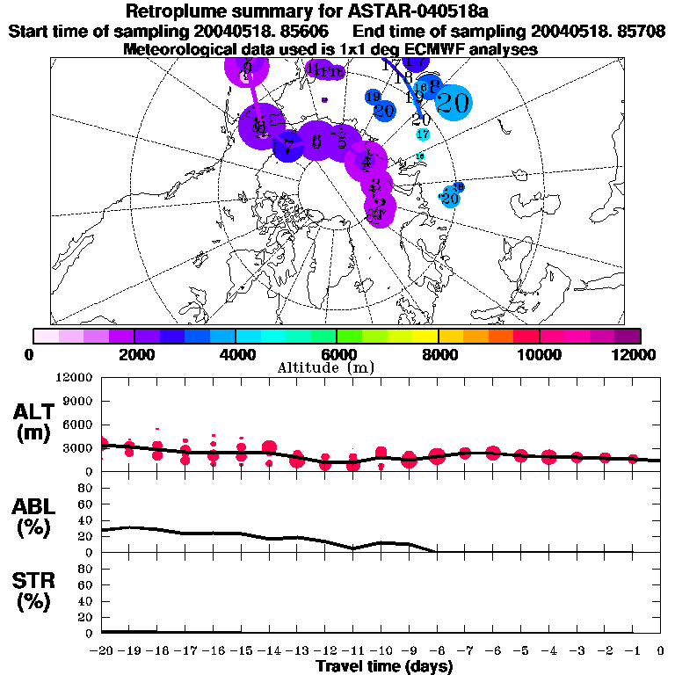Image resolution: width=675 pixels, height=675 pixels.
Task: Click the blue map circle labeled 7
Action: [287, 146]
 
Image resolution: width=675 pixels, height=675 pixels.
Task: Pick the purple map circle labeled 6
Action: [316, 141]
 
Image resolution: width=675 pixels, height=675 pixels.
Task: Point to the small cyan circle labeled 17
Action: [423, 134]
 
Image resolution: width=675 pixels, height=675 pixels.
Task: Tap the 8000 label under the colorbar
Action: [438, 354]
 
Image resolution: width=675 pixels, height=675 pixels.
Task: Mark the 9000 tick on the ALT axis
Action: [78, 401]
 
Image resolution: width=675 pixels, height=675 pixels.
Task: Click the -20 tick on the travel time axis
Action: [102, 650]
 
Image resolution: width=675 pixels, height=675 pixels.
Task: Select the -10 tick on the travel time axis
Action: [381, 650]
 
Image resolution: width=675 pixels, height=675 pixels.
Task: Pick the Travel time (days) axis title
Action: [384, 666]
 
